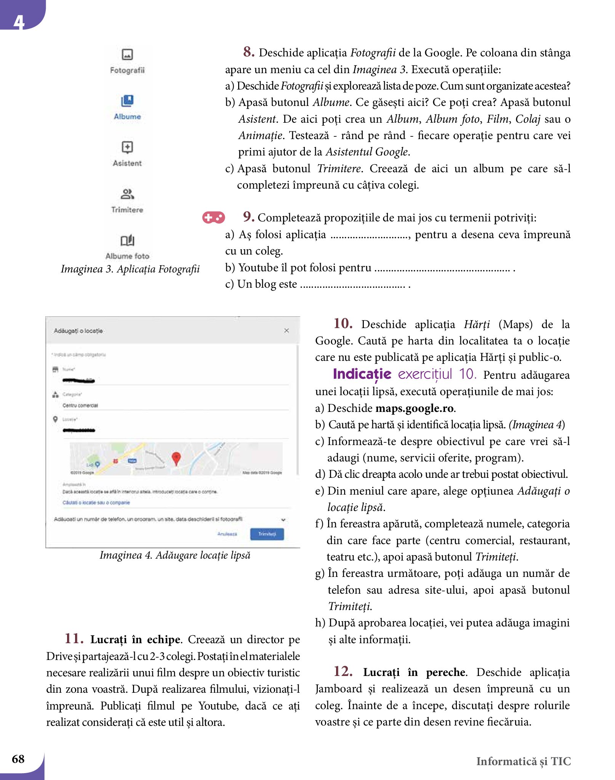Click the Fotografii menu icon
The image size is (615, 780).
(127, 54)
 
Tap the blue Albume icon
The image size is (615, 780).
(127, 101)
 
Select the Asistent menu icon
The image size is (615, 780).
(127, 147)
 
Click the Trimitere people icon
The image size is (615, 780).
(127, 194)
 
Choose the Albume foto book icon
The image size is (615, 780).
(127, 240)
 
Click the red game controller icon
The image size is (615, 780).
(213, 218)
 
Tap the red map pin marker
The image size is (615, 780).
(176, 458)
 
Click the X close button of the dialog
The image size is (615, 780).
(287, 331)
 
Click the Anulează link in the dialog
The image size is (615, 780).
(227, 534)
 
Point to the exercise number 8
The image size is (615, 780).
(249, 52)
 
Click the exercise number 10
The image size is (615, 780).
(343, 324)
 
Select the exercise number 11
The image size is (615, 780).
(74, 638)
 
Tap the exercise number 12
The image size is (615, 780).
(343, 671)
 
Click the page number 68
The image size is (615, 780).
(18, 759)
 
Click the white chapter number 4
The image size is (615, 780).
(19, 22)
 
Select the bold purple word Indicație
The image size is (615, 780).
(362, 374)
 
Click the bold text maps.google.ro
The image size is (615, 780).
(415, 408)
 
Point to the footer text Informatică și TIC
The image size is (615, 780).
(524, 761)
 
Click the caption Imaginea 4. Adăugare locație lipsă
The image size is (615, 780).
(175, 555)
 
